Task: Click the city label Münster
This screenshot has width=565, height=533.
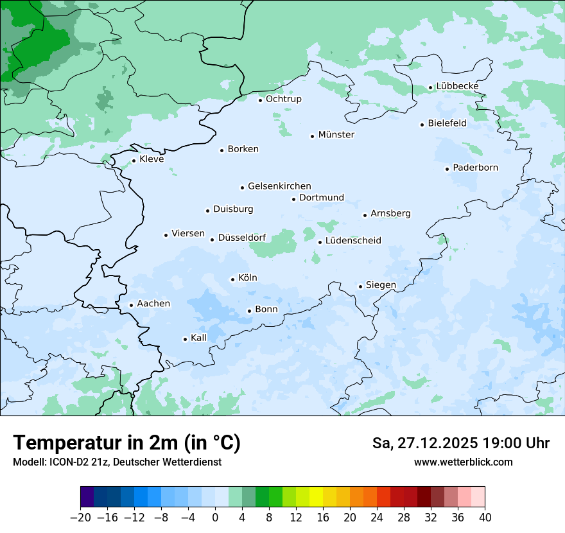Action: point(336,135)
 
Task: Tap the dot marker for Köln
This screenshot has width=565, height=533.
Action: point(232,279)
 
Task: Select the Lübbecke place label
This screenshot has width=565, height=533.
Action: point(457,86)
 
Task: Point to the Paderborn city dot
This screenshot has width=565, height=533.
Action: point(447,169)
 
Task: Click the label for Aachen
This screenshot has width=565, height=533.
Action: point(153,304)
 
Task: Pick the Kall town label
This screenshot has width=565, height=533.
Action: point(198,338)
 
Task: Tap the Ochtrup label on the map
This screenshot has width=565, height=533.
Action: point(283,99)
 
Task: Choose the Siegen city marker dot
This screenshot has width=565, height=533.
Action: point(360,286)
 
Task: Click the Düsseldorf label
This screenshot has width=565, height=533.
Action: point(242,238)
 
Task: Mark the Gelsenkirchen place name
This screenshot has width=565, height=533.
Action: point(279,186)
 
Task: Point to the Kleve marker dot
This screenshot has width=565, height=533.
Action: point(134,161)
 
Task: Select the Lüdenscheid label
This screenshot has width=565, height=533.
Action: point(353,241)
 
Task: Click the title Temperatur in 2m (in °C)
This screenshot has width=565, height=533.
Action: point(126,442)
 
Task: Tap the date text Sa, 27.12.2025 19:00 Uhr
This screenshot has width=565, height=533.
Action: point(460,443)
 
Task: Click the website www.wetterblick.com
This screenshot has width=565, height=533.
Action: point(463,462)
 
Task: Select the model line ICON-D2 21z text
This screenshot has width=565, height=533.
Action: point(117,462)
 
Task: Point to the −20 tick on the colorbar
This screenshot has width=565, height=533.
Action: point(80,518)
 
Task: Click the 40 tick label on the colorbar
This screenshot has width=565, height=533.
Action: point(485,518)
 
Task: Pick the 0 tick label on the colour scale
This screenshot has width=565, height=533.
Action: point(215,518)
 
